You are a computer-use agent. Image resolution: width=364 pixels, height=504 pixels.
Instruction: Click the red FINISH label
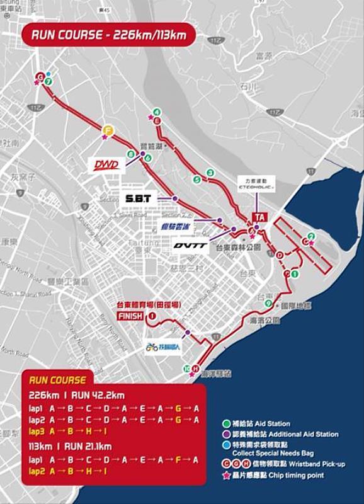click(128, 316)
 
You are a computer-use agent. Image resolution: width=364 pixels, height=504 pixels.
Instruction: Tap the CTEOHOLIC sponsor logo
click(254, 187)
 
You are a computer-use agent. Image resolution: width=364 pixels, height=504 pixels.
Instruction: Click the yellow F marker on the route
click(108, 130)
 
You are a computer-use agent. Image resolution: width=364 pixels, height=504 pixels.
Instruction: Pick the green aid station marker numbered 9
click(268, 304)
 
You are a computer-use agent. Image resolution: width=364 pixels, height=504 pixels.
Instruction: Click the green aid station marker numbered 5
click(197, 180)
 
